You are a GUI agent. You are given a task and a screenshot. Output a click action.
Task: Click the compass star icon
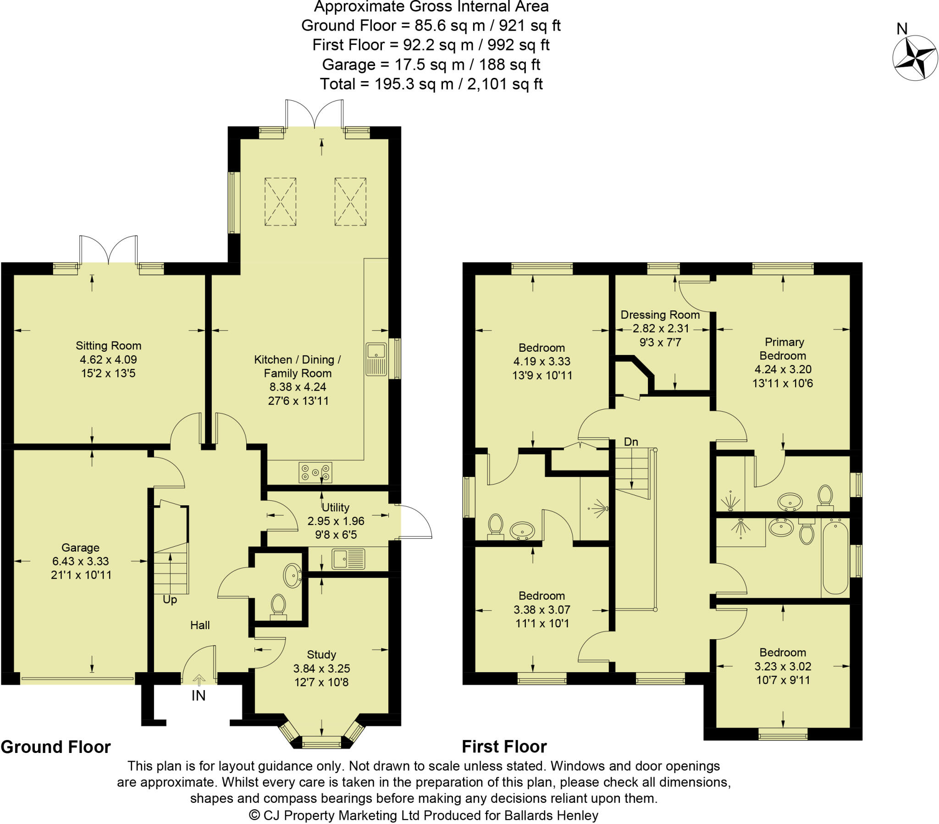click(x=915, y=58)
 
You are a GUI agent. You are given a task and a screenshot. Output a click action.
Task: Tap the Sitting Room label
click(x=108, y=346)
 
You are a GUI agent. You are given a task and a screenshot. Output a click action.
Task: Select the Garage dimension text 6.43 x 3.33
click(x=80, y=561)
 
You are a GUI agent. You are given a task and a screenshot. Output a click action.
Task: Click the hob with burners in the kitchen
click(x=315, y=472)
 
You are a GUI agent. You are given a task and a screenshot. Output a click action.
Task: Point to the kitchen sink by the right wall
click(x=376, y=359)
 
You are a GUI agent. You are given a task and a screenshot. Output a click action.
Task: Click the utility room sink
click(x=348, y=559)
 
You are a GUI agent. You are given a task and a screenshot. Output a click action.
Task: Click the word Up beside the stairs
click(x=170, y=600)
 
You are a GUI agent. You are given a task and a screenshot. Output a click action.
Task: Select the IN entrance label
click(x=199, y=696)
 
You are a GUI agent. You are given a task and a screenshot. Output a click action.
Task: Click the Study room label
click(x=321, y=654)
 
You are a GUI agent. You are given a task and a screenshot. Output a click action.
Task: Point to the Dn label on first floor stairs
click(x=631, y=442)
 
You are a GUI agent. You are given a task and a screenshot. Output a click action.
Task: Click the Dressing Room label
click(x=660, y=315)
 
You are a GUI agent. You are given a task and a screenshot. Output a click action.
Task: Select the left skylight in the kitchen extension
click(x=280, y=202)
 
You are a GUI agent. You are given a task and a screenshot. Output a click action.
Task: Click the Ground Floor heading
click(x=55, y=747)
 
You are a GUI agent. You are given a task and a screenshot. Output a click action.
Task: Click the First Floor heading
click(x=504, y=747)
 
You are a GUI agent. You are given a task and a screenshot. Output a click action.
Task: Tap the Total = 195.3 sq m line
click(x=431, y=84)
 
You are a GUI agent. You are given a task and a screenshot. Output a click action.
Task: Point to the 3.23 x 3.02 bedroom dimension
click(x=782, y=666)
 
